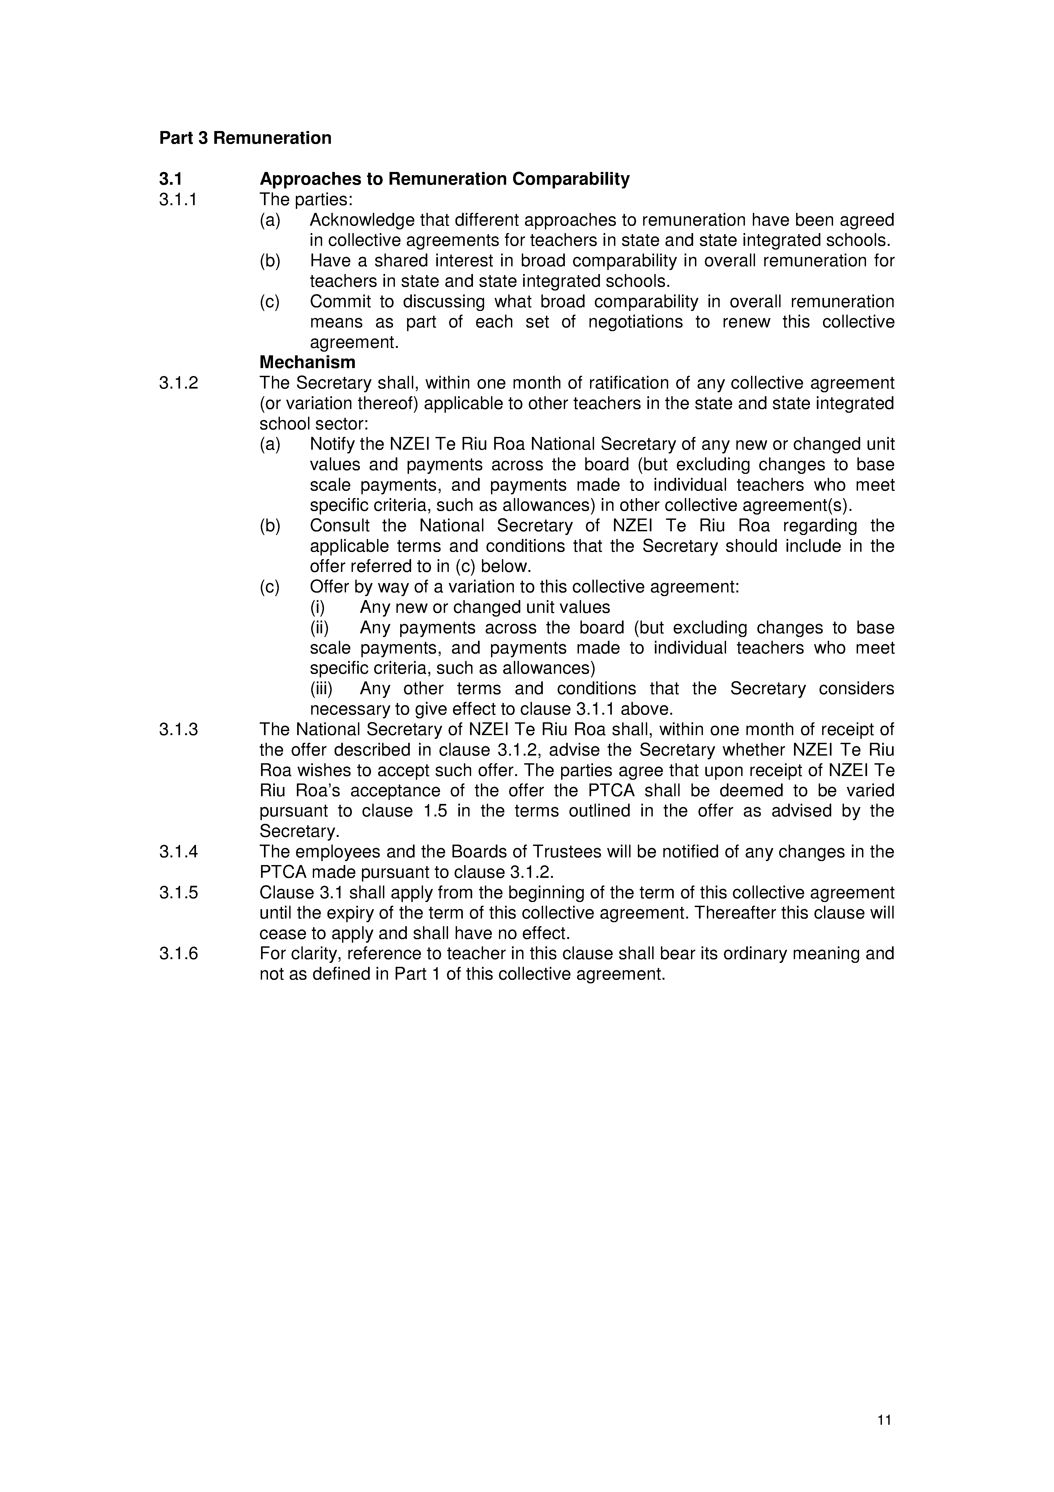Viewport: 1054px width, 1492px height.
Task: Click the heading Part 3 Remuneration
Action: tap(245, 138)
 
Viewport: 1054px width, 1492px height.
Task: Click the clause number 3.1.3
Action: tap(179, 730)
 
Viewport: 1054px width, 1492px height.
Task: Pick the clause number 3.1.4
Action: tap(179, 852)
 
